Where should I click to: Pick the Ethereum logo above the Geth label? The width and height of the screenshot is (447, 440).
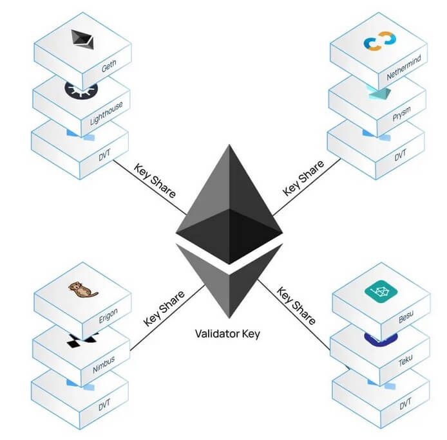[82, 40]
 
